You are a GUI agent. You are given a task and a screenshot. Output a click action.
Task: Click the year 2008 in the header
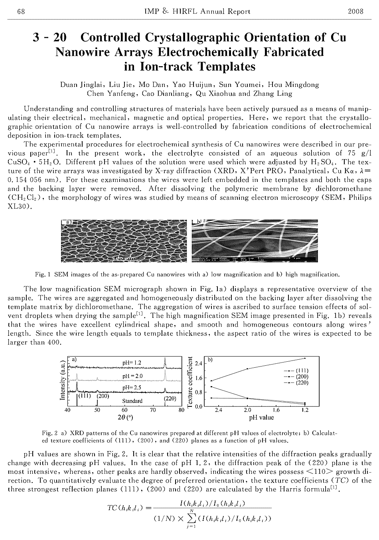coord(356,11)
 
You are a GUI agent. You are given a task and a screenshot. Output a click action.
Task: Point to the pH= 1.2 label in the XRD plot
coord(132,363)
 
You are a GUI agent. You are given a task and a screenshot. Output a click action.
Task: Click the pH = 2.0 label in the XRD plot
coord(132,376)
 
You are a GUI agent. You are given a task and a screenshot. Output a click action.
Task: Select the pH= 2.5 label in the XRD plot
coord(132,387)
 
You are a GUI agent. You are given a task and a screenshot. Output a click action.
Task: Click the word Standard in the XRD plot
coord(132,401)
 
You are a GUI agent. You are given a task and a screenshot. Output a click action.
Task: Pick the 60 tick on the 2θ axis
coord(124,410)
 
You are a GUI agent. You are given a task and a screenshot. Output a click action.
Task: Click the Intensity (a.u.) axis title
coord(62,380)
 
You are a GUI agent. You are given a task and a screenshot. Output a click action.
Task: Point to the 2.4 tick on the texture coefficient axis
coord(199,363)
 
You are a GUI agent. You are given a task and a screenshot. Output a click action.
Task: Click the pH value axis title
coord(261,418)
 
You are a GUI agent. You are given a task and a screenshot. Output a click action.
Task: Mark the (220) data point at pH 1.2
coord(305,358)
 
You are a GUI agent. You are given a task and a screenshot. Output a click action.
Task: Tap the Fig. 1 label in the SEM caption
coord(42,274)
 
